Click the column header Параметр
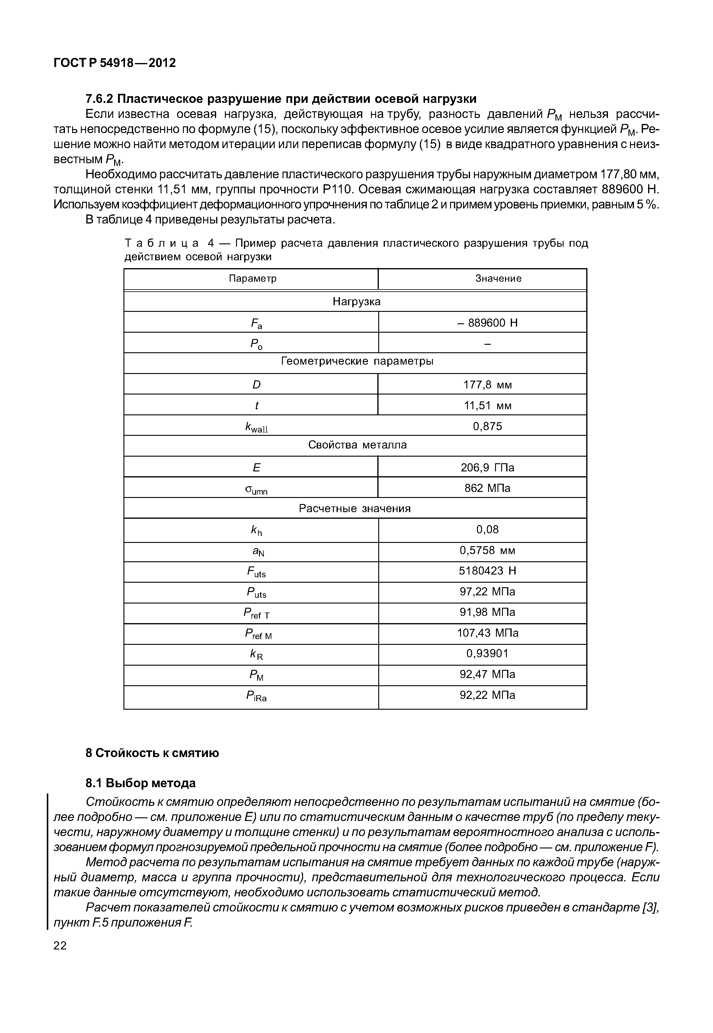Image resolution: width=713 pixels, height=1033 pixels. [252, 279]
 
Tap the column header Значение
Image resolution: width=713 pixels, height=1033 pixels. [498, 279]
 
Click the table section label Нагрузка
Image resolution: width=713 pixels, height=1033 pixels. [356, 302]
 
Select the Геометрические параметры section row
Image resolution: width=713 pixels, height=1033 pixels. [357, 361]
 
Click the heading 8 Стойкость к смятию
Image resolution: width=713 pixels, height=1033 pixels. [152, 753]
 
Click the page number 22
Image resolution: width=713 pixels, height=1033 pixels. [60, 946]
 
